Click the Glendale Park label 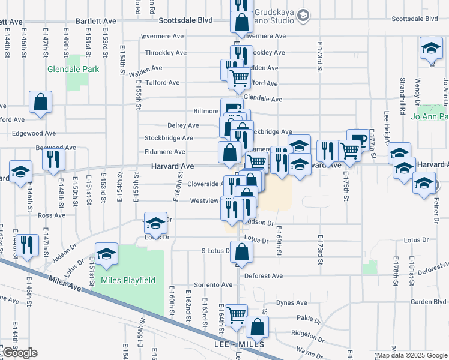[x=73, y=69]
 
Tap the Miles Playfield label [x=128, y=280]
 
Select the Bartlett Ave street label [x=95, y=20]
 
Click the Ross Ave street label [x=51, y=215]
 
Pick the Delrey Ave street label [x=183, y=125]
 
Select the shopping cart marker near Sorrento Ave [x=236, y=314]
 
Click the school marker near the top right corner [x=430, y=49]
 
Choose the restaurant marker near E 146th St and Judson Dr [x=26, y=244]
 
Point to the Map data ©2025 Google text [x=411, y=356]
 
